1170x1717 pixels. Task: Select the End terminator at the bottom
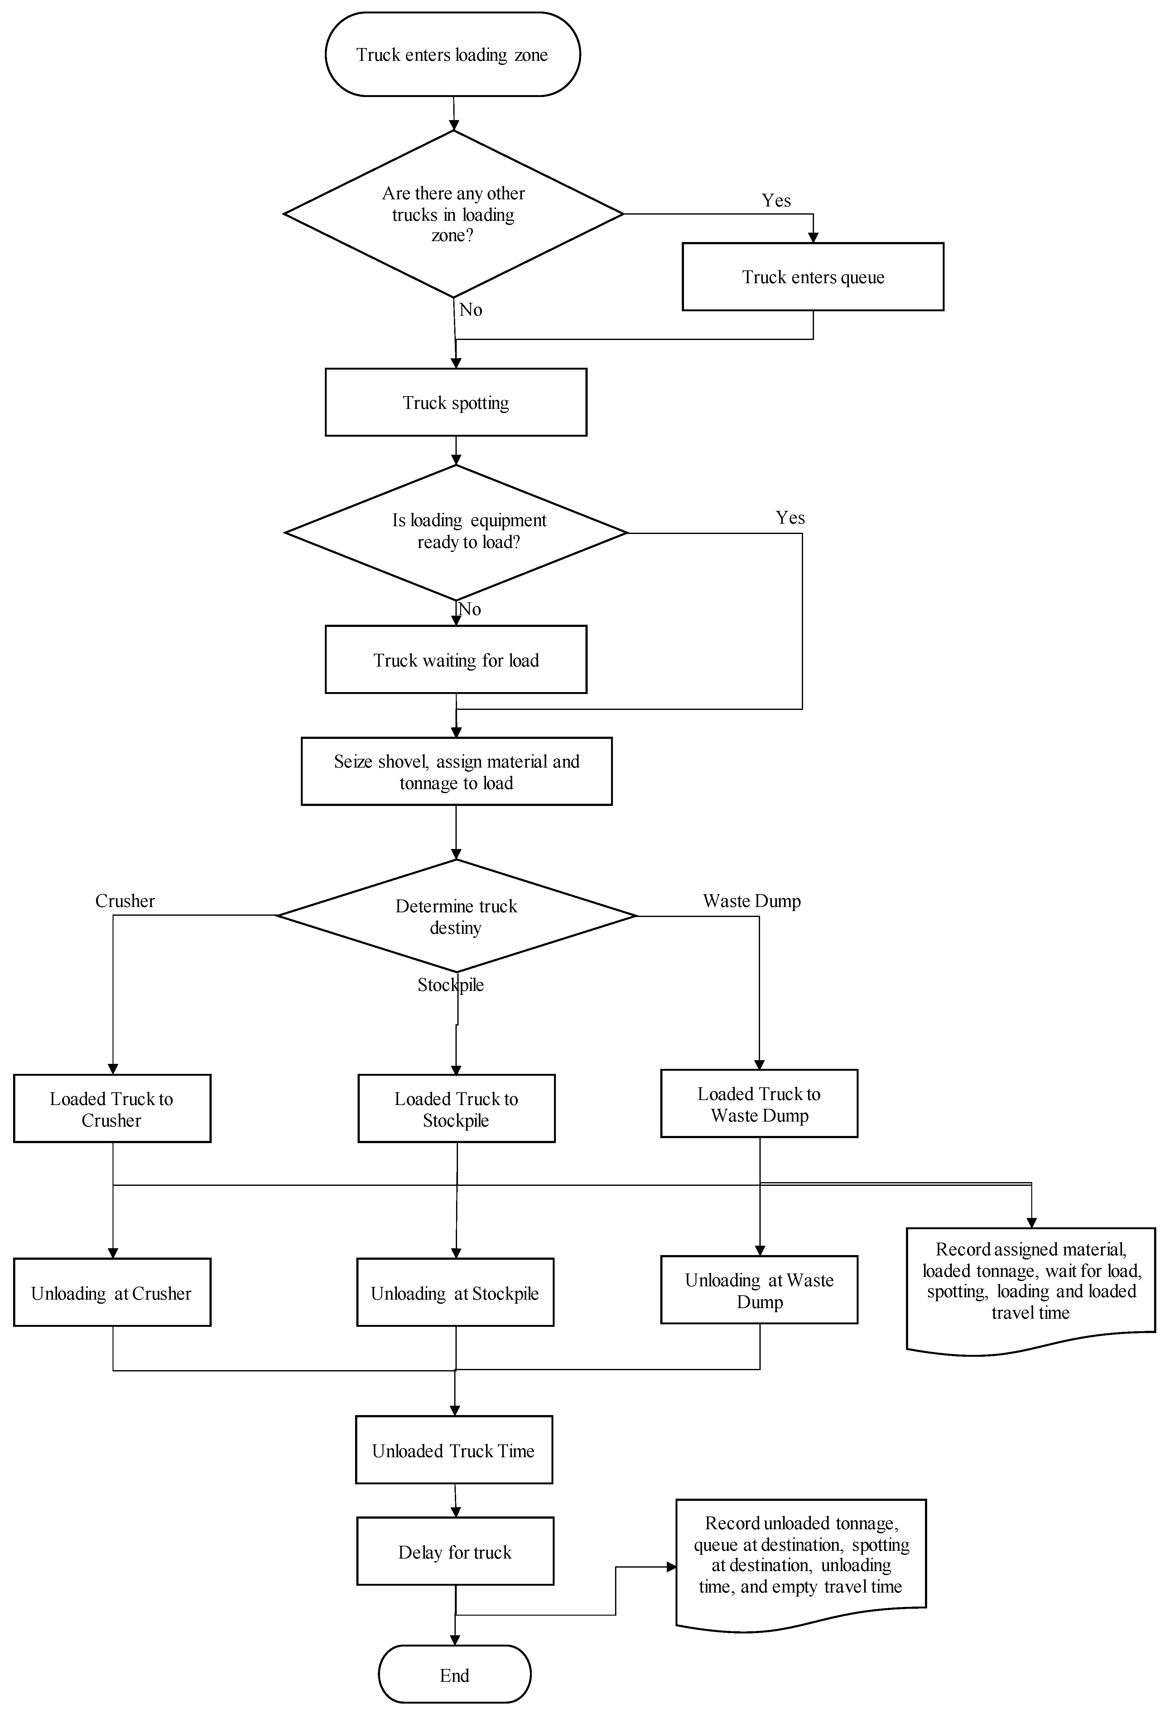tap(454, 1675)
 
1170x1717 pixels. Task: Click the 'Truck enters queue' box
tap(812, 277)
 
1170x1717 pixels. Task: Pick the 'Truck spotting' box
tap(456, 403)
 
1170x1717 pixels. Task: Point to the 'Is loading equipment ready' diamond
tap(456, 532)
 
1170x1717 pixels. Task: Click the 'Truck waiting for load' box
tap(456, 660)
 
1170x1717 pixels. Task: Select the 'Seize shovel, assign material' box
tap(456, 771)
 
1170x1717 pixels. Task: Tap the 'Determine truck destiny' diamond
tap(456, 916)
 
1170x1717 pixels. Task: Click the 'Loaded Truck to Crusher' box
tap(112, 1109)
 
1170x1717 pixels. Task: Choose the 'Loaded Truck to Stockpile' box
tap(456, 1109)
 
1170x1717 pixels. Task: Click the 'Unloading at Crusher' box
tap(112, 1293)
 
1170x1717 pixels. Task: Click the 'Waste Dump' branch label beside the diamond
tap(751, 901)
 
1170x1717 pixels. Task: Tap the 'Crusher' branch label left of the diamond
tap(125, 901)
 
